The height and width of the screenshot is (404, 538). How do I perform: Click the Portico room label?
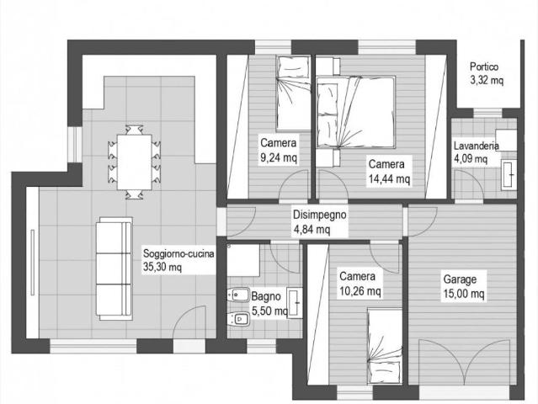[x=484, y=66]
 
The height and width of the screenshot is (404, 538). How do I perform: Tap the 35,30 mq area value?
[x=162, y=268]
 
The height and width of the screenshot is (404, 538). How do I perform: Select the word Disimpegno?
[x=319, y=215]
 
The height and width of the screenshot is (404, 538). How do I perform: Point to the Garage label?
[x=460, y=279]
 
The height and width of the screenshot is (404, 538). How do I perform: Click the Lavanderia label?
[x=476, y=146]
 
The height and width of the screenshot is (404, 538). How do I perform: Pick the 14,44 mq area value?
[x=389, y=178]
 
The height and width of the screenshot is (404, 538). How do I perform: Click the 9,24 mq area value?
[x=279, y=157]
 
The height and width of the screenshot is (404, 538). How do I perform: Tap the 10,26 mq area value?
[x=360, y=291]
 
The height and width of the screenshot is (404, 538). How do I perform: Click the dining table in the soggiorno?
[x=134, y=162]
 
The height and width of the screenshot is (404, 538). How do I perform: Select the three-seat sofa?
[x=115, y=268]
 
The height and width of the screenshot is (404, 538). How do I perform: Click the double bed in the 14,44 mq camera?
[x=356, y=113]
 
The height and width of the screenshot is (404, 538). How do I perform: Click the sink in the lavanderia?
[x=509, y=174]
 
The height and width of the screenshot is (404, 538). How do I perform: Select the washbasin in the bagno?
[x=295, y=303]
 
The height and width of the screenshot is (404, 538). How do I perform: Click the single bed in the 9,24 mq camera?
[x=293, y=93]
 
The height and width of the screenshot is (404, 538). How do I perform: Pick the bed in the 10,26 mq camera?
[x=384, y=347]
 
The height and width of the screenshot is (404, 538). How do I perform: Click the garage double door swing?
[x=467, y=362]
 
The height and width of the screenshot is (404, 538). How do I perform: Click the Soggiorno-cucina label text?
[x=178, y=254]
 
